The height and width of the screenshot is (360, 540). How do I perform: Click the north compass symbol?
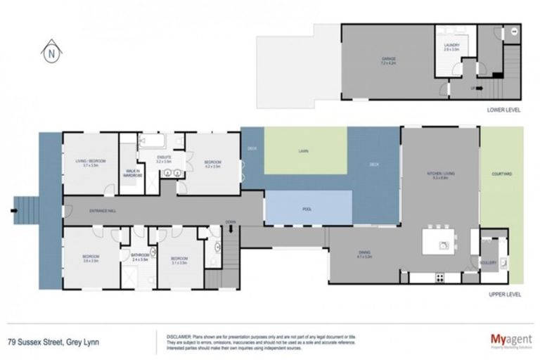click(50, 51)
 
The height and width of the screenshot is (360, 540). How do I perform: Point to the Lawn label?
click(304, 151)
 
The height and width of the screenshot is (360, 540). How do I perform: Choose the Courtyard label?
click(502, 173)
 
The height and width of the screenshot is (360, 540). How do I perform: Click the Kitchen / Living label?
click(439, 173)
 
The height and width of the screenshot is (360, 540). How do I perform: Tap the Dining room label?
click(364, 253)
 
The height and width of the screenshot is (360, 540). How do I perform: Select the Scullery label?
click(489, 262)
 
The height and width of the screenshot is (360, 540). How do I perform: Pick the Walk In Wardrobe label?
click(132, 173)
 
